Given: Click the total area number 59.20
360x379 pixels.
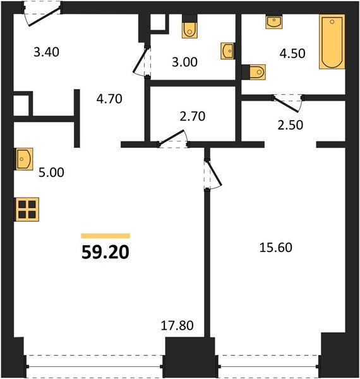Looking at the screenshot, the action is [x=105, y=252].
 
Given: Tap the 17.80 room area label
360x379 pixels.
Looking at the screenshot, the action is [x=177, y=325].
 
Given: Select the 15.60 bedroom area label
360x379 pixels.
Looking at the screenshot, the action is [x=275, y=248].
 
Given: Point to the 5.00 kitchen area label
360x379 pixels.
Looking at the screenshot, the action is [x=51, y=172].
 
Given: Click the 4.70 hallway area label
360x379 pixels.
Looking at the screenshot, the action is [x=109, y=99].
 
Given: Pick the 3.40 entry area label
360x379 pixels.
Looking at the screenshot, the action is [x=46, y=52].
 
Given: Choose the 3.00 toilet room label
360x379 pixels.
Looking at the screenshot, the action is [x=184, y=62].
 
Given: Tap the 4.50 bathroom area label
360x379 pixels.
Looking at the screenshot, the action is [x=292, y=54].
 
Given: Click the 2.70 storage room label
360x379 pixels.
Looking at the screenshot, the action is [x=193, y=116].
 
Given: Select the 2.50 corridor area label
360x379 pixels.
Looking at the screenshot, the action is [x=290, y=125].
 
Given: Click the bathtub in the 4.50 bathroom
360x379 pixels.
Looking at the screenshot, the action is [x=332, y=42].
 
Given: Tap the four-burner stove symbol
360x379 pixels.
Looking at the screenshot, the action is [x=27, y=209].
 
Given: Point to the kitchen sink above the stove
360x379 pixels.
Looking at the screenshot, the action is [x=24, y=159].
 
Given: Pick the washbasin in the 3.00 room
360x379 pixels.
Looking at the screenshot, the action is [x=227, y=51].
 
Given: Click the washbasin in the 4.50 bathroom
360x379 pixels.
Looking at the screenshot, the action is [x=274, y=22].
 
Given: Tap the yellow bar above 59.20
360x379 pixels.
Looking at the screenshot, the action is [x=105, y=236].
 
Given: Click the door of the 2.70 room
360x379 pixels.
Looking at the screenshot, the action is [x=172, y=138].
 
